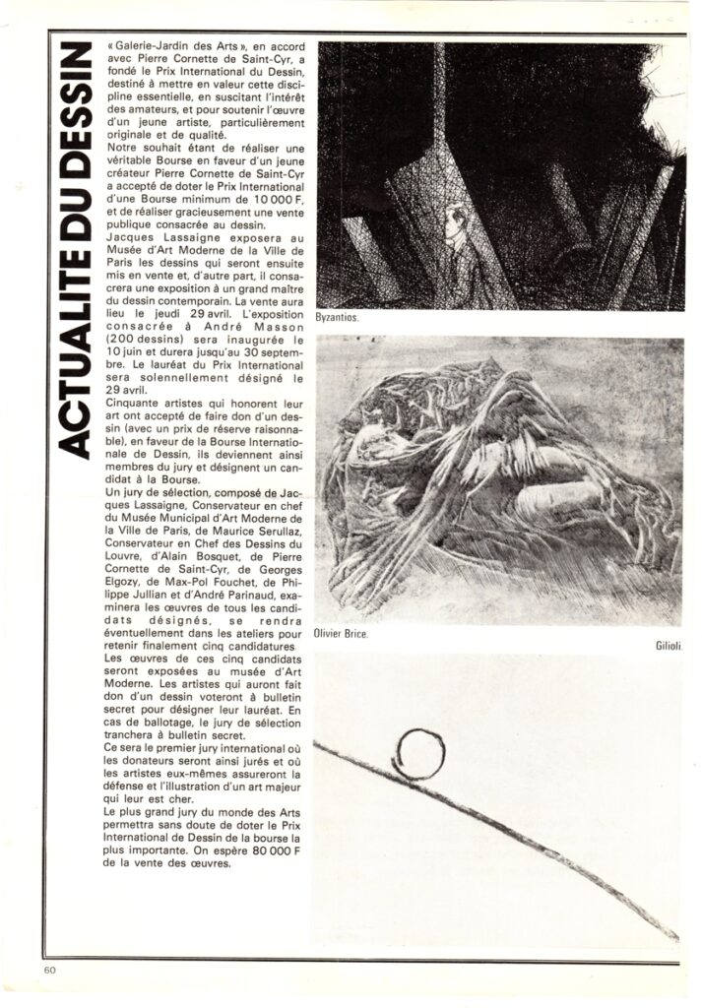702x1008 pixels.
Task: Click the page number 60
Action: [50, 970]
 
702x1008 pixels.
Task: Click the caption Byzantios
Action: [338, 319]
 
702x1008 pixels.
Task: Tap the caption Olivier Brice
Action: [341, 633]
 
